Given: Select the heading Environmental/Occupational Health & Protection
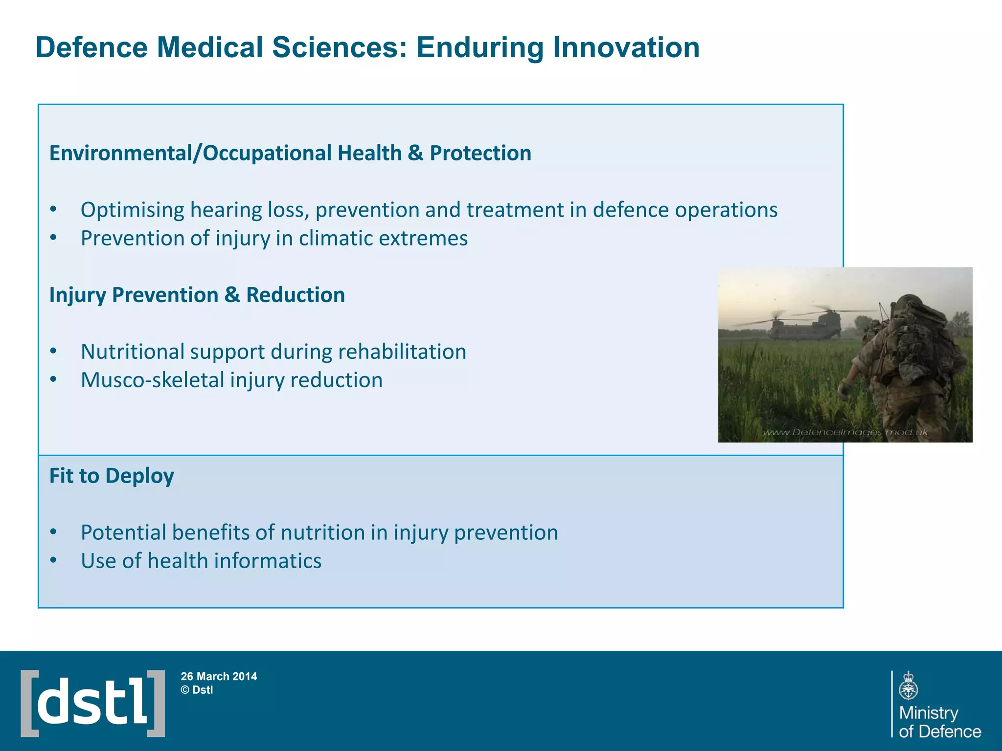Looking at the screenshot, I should point(290,153).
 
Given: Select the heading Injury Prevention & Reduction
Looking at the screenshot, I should point(197,295).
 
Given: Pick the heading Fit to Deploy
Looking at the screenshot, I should point(112,476).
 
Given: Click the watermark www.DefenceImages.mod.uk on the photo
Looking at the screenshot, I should point(845,432).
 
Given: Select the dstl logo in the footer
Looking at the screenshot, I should point(93,703).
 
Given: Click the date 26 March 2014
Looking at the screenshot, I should point(219,676).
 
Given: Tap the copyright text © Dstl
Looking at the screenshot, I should point(197,690).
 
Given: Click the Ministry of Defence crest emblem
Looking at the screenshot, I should point(908,685).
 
